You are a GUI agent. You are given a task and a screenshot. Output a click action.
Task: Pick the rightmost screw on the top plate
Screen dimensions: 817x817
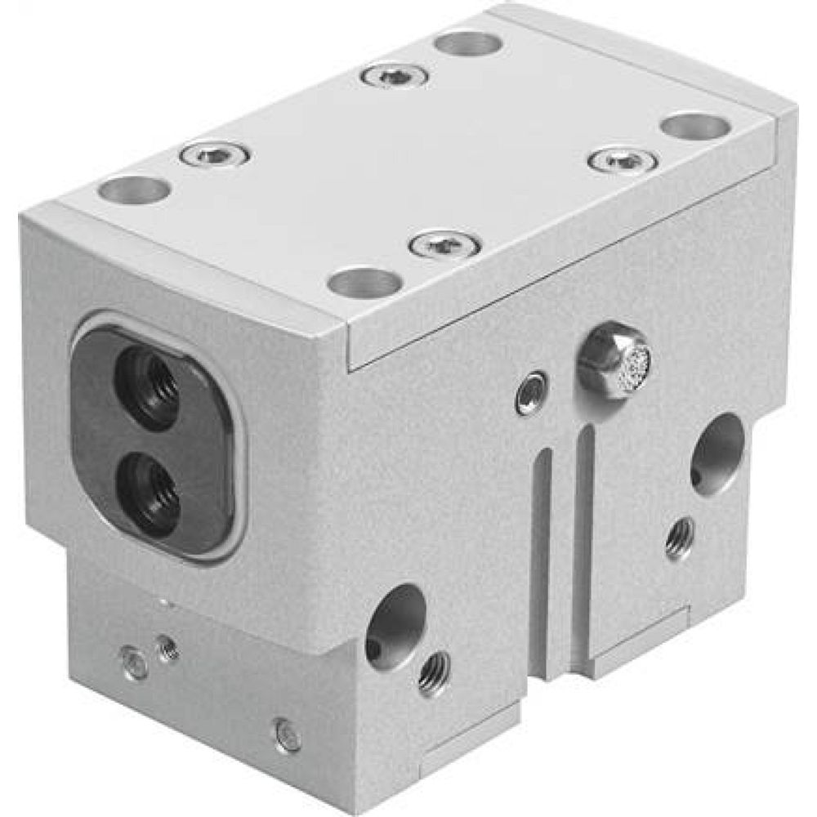point(623,158)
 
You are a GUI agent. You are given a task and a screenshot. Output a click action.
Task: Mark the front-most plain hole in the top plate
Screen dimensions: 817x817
point(365,283)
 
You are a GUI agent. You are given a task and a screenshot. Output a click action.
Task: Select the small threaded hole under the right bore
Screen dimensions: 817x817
point(680,537)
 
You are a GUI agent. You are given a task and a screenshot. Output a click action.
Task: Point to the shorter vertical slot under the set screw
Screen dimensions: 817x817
point(541,556)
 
